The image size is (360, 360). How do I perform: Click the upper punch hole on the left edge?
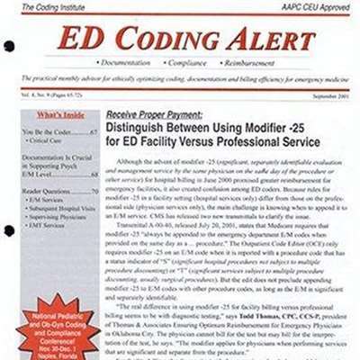tap(8, 46)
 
